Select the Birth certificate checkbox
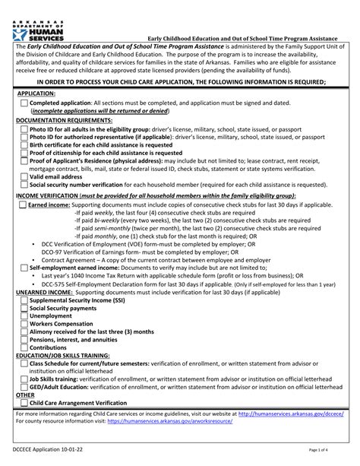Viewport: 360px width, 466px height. tap(24, 144)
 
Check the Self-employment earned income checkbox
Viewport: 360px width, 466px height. tap(24, 268)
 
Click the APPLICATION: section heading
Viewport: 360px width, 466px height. tap(36, 93)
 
